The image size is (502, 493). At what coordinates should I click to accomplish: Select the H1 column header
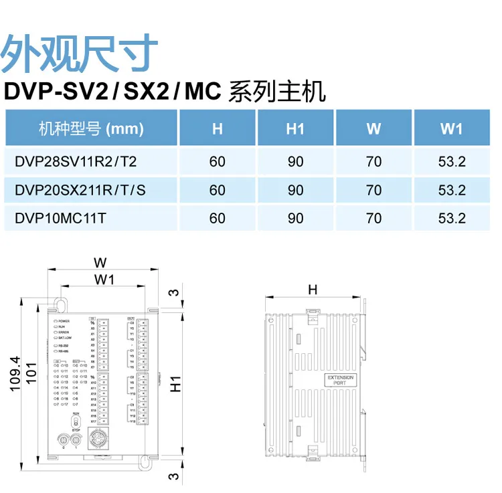click(295, 128)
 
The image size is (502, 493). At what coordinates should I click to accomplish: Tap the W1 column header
click(451, 128)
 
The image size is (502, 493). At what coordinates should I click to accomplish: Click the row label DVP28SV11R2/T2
click(75, 161)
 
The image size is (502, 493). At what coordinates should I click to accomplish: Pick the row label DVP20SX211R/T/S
click(80, 190)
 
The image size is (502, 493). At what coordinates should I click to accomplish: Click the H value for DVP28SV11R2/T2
click(218, 161)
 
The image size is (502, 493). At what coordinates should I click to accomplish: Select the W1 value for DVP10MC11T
click(451, 218)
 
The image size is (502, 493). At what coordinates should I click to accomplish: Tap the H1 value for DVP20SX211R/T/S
click(295, 190)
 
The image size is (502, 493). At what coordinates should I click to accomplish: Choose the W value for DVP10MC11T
click(373, 218)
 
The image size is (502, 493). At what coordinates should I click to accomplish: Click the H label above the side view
click(312, 289)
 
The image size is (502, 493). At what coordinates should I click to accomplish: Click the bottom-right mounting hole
click(144, 461)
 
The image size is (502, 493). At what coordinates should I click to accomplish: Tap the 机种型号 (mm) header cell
click(91, 128)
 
